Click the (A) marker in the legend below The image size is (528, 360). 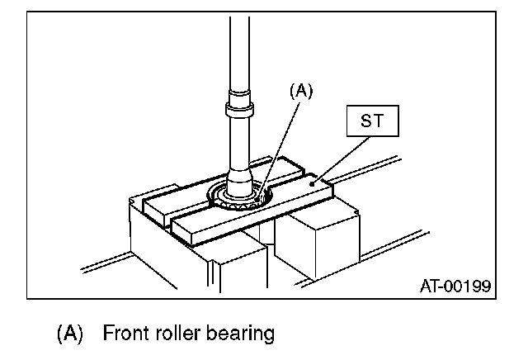(71, 334)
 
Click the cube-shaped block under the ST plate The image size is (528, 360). (313, 239)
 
